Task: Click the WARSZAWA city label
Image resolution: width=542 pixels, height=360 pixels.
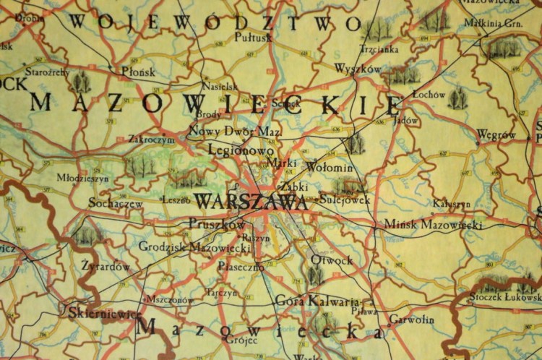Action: (x=251, y=202)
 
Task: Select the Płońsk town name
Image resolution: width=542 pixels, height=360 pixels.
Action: (x=138, y=72)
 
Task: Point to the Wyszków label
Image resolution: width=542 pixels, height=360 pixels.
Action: (x=358, y=69)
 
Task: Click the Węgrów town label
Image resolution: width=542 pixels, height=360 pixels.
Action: (x=496, y=135)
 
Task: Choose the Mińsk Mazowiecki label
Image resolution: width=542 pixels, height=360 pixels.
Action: (x=433, y=225)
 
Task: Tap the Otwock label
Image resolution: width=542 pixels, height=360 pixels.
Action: (x=332, y=260)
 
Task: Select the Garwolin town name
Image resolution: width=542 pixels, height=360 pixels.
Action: (x=411, y=319)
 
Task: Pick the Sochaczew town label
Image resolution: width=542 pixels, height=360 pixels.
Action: (x=115, y=204)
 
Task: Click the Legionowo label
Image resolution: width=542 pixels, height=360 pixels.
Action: (x=240, y=150)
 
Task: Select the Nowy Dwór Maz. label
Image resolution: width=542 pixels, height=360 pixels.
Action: (x=235, y=132)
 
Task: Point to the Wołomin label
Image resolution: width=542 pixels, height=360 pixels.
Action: (x=330, y=168)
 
